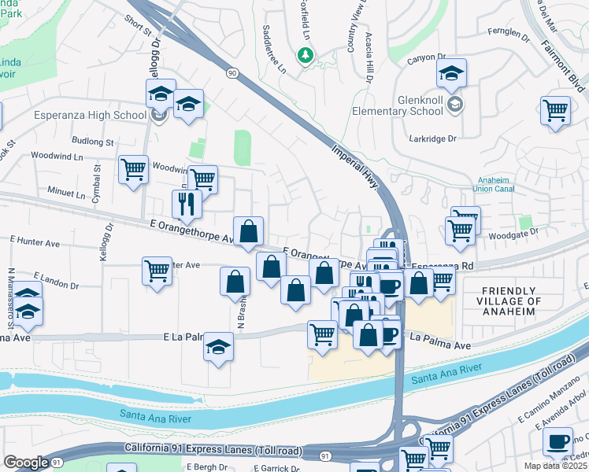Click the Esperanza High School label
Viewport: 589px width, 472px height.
coord(90,115)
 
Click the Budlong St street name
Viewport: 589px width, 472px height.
coord(92,142)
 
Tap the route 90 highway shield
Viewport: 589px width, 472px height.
coord(232,72)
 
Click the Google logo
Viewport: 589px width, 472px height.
coord(25,463)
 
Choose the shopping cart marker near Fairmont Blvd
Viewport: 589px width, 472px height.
coord(555,109)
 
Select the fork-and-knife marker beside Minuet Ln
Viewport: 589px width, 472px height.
coord(187,203)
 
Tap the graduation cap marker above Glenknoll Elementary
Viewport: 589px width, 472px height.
coord(451,74)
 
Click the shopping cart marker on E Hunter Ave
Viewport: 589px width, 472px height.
coord(157,271)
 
